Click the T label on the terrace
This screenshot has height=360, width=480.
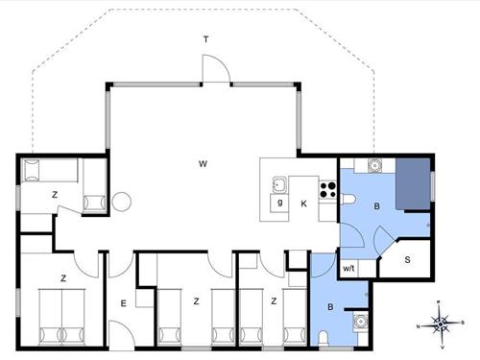tap(204, 39)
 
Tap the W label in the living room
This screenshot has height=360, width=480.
tap(204, 164)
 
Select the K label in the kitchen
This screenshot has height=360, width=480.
tap(303, 204)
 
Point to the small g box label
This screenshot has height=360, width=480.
tap(279, 203)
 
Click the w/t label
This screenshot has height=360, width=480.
tap(349, 269)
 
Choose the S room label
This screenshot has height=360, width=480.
tap(407, 259)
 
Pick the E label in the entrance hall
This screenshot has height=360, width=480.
tap(123, 304)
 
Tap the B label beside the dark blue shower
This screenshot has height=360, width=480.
tap(377, 205)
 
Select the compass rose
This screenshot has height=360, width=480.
tap(441, 324)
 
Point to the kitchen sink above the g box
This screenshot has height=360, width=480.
tap(279, 184)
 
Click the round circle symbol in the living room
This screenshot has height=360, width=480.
tap(122, 203)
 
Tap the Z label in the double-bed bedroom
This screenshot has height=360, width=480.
tap(63, 278)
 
